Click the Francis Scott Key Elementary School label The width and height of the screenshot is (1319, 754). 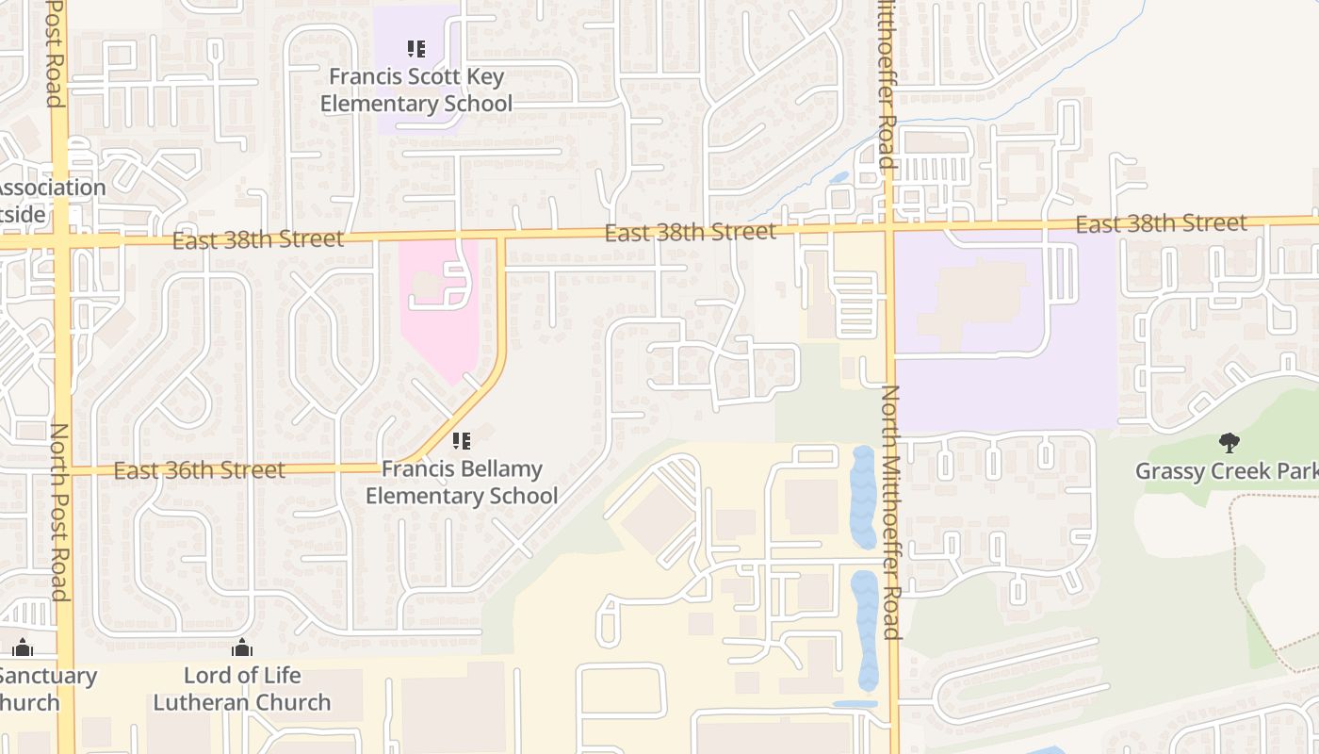click(415, 90)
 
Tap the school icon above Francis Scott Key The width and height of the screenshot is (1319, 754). click(415, 49)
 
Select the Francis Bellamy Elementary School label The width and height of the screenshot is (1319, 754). click(462, 483)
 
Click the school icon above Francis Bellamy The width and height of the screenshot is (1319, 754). click(461, 440)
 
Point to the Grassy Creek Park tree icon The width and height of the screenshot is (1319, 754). click(1229, 442)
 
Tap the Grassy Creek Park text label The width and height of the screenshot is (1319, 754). click(1225, 471)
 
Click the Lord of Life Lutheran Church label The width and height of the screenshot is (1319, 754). click(242, 689)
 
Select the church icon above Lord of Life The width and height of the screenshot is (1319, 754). click(242, 647)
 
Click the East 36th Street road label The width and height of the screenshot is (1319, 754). click(199, 469)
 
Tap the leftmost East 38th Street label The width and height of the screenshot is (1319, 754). click(258, 240)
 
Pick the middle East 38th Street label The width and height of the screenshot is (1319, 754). click(691, 232)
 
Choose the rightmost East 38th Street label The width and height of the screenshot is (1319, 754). click(1161, 223)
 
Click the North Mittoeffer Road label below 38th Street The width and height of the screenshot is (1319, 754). click(891, 512)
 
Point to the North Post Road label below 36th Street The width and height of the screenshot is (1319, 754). click(58, 512)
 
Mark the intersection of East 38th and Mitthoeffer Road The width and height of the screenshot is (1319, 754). click(889, 227)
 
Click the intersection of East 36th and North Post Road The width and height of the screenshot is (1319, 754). click(63, 469)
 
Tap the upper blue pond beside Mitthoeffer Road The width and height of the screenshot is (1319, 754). click(862, 497)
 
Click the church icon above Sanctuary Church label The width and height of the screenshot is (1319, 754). click(23, 647)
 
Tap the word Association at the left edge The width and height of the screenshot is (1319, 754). click(52, 188)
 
